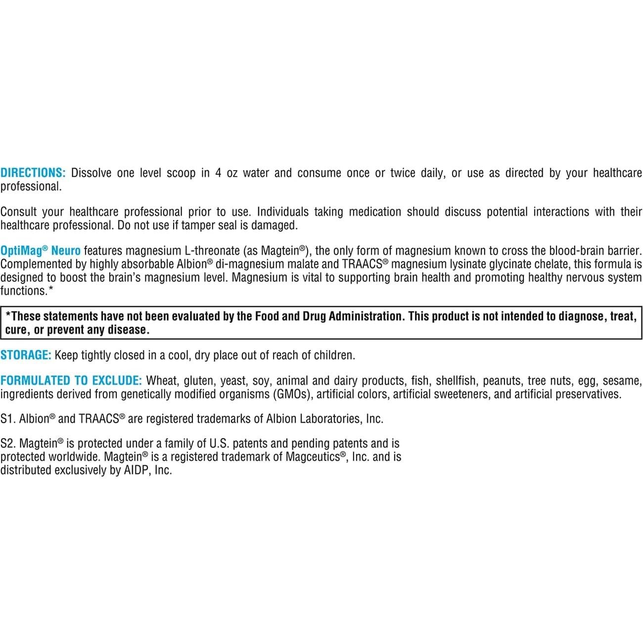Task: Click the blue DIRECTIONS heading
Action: coord(33,173)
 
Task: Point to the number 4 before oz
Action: coord(218,173)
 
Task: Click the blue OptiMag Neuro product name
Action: coord(40,251)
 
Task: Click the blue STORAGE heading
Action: coord(26,355)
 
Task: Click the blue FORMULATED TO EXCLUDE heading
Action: coord(71,381)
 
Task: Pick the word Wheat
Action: coord(162,381)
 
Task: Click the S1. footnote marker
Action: coord(8,419)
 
